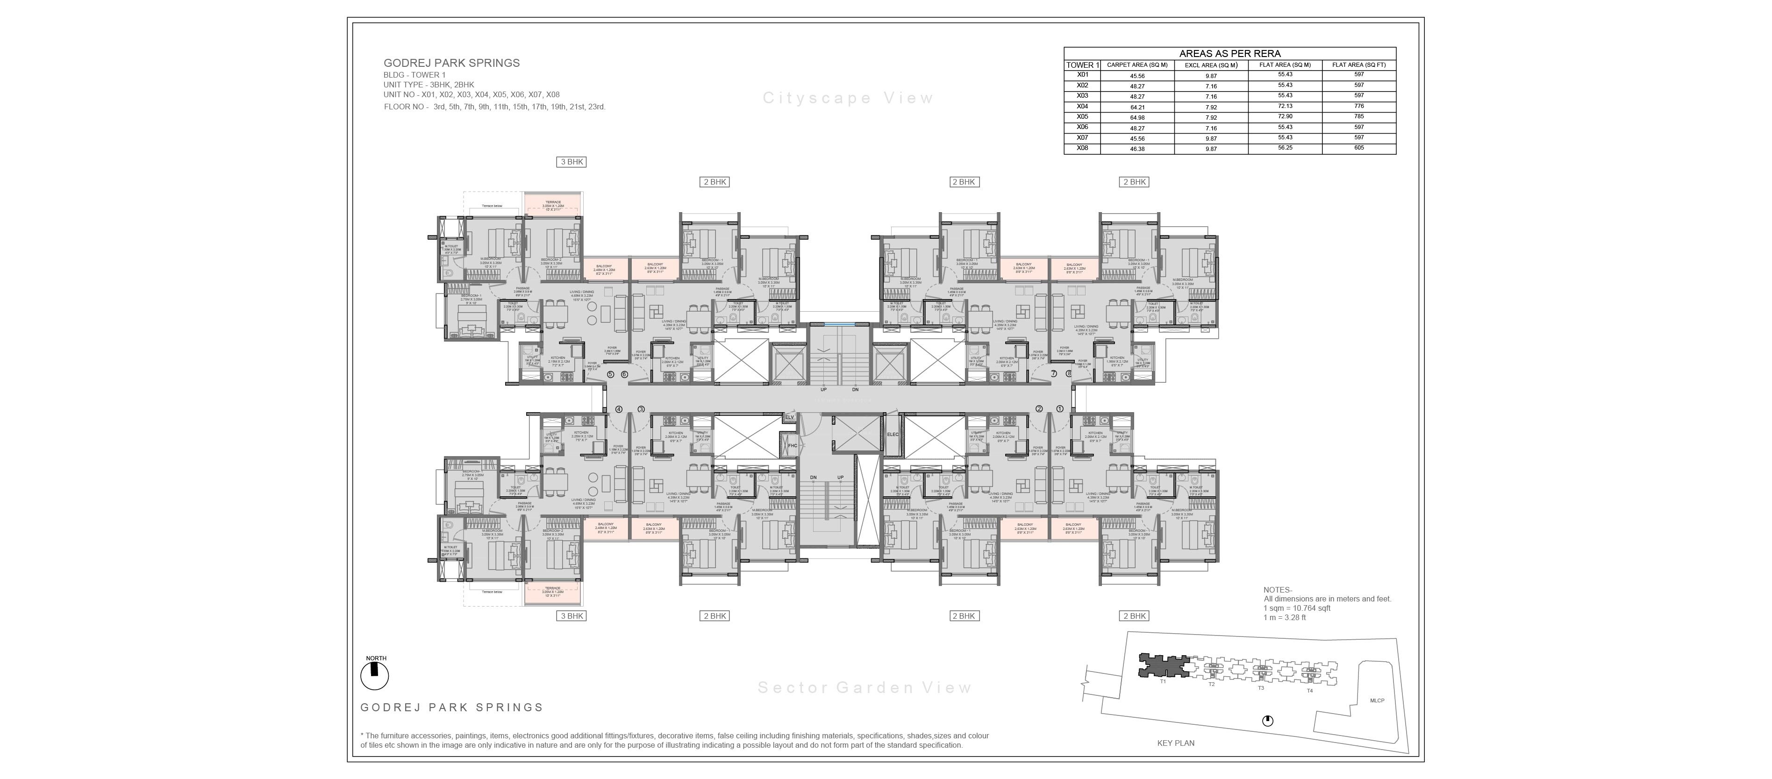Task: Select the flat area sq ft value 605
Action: point(1358,148)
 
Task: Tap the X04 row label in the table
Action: point(1082,107)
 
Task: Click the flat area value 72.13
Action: point(1285,107)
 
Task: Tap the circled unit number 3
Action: point(641,409)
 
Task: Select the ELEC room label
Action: point(893,435)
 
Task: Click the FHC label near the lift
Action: point(793,446)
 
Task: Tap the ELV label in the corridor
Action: point(790,417)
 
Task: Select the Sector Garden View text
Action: point(865,687)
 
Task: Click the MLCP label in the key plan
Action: point(1377,700)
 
